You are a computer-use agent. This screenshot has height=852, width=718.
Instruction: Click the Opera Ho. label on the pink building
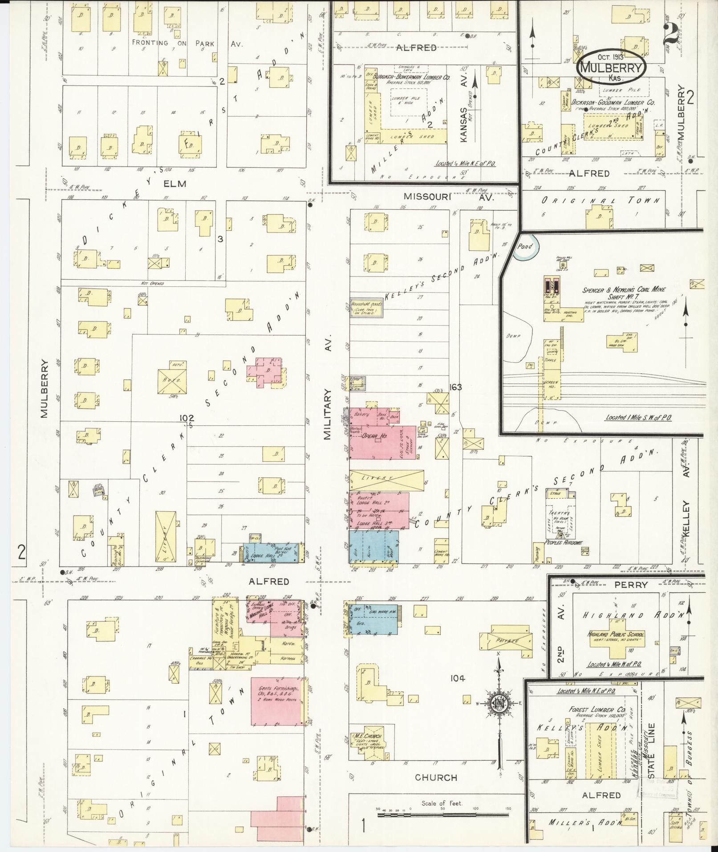tap(373, 435)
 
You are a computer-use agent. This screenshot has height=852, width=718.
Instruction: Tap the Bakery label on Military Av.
tap(359, 414)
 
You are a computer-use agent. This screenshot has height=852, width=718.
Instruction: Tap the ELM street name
tap(175, 183)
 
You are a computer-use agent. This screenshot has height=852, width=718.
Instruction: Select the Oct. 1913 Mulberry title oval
tap(610, 67)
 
